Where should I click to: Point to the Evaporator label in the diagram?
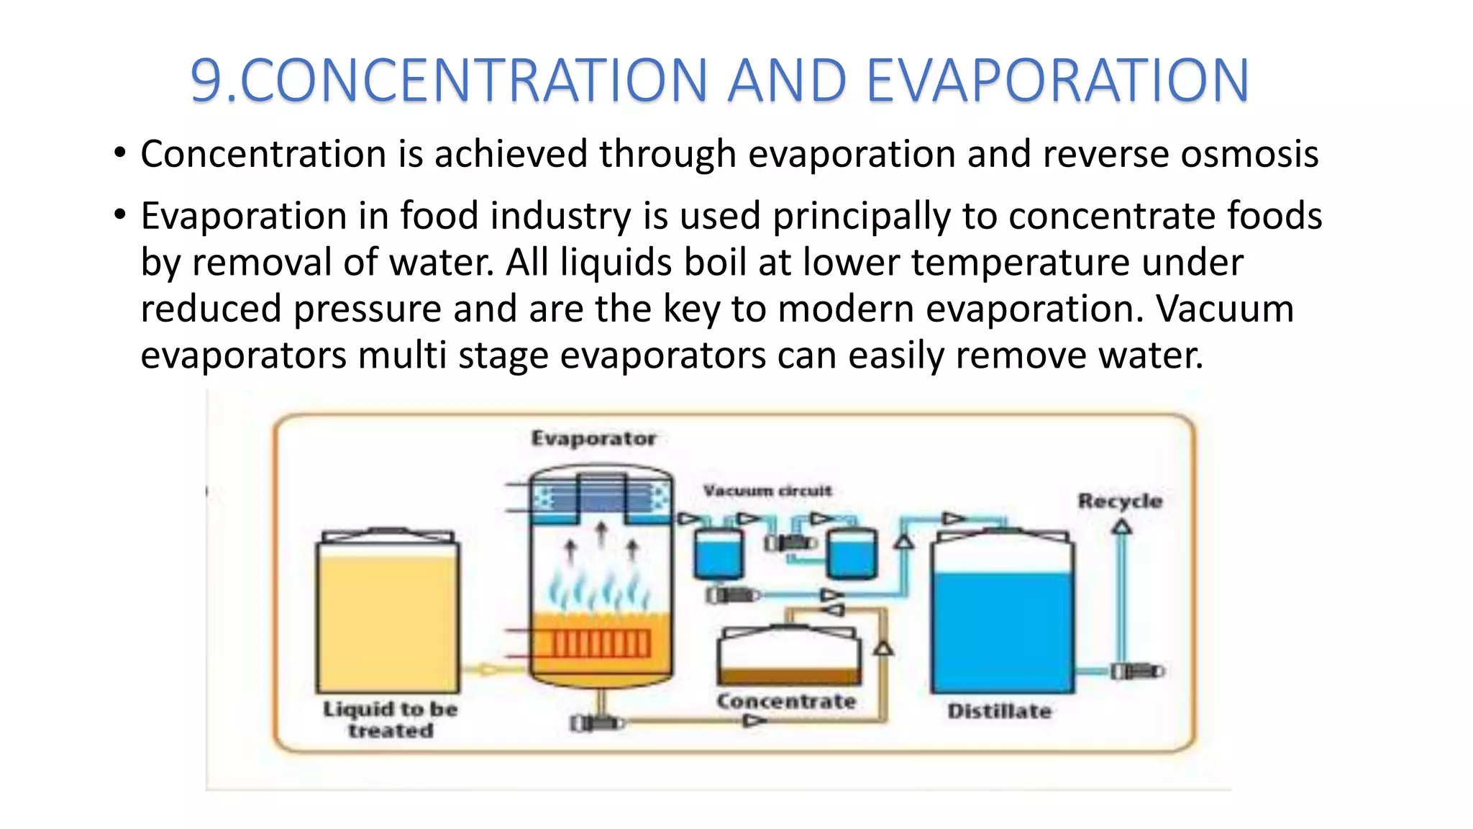593,438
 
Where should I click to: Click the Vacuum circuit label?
767,491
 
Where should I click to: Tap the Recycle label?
1119,501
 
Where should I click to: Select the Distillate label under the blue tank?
999,711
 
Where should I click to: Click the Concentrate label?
786,701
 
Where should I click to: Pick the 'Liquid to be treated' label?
390,719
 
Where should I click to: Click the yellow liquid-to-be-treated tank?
388,619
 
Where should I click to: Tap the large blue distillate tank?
1002,626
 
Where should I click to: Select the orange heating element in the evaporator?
601,643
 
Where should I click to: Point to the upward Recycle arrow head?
1121,527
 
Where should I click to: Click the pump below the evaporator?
596,722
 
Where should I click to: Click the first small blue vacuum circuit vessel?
717,554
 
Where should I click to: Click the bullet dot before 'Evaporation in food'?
120,214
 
